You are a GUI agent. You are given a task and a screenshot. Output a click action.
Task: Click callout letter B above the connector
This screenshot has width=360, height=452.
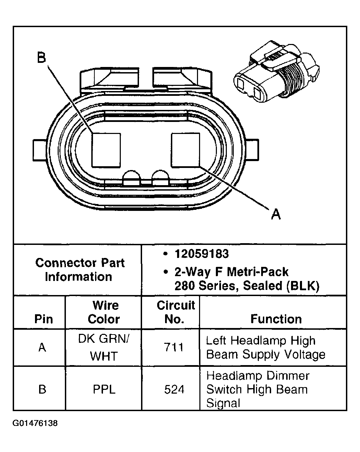click(x=42, y=58)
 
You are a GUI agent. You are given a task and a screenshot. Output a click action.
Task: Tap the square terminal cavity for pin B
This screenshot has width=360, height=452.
click(x=106, y=150)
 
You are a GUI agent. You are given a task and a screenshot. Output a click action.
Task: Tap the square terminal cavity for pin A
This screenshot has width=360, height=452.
click(x=185, y=150)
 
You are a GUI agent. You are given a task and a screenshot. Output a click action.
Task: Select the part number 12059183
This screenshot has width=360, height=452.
click(x=201, y=254)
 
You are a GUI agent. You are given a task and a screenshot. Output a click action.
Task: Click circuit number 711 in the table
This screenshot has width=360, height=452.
click(x=174, y=348)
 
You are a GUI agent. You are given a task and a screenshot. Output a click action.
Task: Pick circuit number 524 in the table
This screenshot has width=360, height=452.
click(x=174, y=389)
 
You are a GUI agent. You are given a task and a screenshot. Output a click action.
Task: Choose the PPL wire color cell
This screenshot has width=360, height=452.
click(x=104, y=389)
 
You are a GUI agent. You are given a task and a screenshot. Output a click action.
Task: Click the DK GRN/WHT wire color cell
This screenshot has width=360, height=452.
click(x=104, y=347)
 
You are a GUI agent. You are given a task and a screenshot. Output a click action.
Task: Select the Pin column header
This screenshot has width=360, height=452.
click(x=44, y=319)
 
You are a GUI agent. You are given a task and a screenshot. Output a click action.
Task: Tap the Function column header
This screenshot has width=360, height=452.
click(x=276, y=319)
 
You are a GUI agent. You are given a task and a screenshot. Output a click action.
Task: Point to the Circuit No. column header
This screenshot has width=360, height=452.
click(x=175, y=312)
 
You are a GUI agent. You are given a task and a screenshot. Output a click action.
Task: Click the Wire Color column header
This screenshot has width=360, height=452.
click(x=104, y=312)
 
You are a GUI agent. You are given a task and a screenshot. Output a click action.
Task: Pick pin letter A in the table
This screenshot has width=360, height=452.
click(x=42, y=348)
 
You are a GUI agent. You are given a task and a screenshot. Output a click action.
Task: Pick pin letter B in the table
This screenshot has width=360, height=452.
click(x=42, y=389)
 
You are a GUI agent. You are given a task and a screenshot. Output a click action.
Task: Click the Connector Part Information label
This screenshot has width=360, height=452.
click(x=80, y=270)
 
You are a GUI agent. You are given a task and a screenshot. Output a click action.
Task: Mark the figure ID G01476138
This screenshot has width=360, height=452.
click(x=35, y=423)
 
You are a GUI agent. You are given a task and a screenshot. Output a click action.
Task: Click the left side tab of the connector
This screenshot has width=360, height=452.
click(x=40, y=150)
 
